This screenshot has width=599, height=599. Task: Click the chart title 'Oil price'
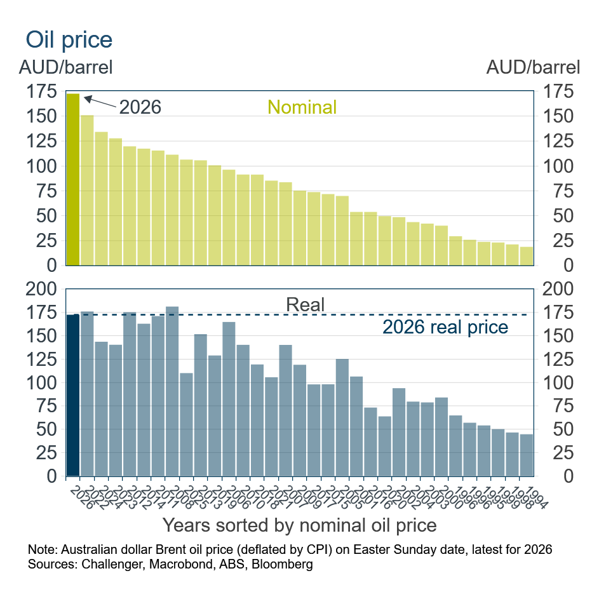[x=69, y=39]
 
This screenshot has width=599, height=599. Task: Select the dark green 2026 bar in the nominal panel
[x=73, y=179]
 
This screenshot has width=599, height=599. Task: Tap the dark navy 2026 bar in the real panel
[x=73, y=394]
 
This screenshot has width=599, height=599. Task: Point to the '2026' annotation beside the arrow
[x=140, y=107]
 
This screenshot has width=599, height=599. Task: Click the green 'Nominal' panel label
[x=302, y=107]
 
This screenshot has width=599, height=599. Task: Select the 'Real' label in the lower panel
[x=305, y=304]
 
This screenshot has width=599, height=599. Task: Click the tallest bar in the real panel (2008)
[x=172, y=391]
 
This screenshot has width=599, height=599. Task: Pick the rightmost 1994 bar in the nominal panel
[x=527, y=256]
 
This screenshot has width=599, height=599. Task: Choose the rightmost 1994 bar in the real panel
[x=527, y=455]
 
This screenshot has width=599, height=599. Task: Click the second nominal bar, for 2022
[x=87, y=190]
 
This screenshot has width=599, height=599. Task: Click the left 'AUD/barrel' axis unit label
[x=65, y=67]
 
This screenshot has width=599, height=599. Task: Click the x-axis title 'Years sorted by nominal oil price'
[x=299, y=525]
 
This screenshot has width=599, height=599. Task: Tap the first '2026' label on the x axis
[x=77, y=494]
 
